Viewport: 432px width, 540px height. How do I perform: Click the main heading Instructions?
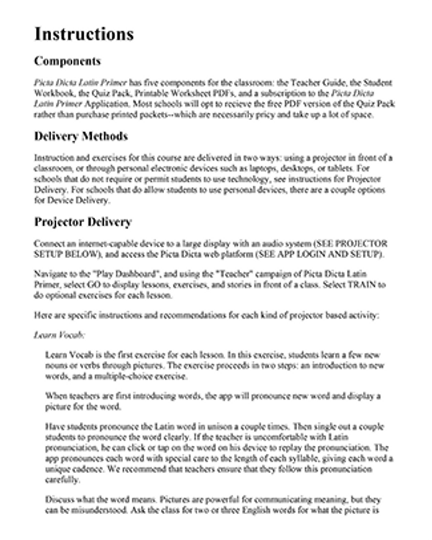[x=84, y=34]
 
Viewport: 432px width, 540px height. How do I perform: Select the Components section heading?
[x=68, y=61]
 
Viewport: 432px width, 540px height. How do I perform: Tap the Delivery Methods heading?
[x=81, y=137]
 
